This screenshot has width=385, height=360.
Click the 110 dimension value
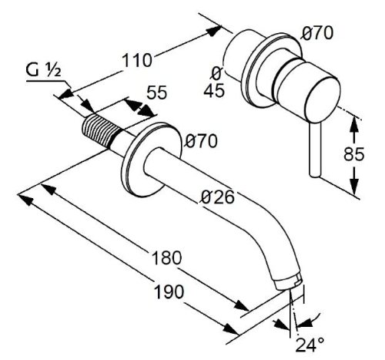(x=137, y=60)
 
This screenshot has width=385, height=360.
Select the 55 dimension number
(x=156, y=93)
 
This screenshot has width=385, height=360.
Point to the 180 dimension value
(x=166, y=257)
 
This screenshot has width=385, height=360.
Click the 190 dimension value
(x=169, y=291)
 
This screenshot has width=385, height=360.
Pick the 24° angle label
(x=310, y=345)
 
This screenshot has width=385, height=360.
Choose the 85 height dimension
(x=354, y=154)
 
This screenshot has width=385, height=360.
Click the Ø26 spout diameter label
(x=218, y=197)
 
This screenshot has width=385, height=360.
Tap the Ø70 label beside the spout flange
(x=202, y=141)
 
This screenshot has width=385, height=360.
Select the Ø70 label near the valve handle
(x=317, y=33)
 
